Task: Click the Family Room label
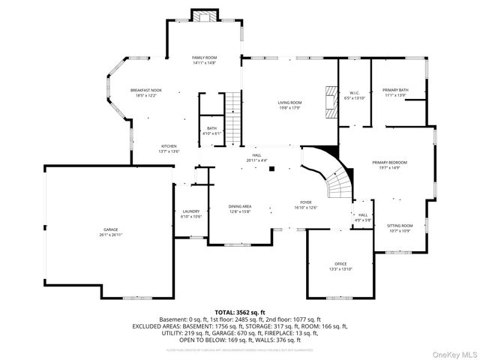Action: coord(204,60)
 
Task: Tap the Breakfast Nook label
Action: coord(145,93)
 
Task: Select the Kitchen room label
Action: coord(169,148)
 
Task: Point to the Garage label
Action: coord(110,232)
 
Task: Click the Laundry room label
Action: coord(190,214)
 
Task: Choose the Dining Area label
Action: coord(240,208)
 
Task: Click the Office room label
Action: coord(340,265)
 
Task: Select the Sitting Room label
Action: coord(399,228)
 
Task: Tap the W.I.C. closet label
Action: coord(353,95)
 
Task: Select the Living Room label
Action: coord(289,105)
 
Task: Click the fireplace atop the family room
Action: coord(204,16)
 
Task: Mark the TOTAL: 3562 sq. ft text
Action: coord(240,311)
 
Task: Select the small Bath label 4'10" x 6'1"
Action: coord(212,131)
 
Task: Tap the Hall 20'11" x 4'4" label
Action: coord(256,157)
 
